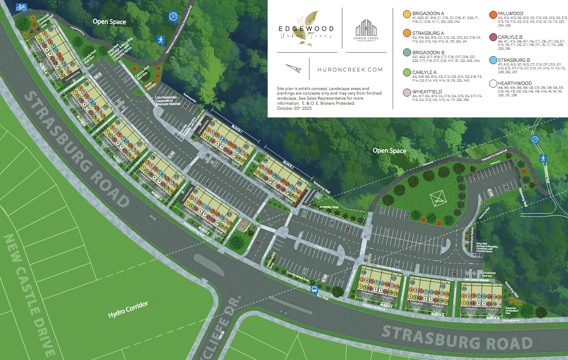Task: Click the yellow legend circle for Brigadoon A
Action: [x=407, y=14]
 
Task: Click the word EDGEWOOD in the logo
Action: [x=306, y=29]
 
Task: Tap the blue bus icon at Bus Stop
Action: [x=314, y=289]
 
